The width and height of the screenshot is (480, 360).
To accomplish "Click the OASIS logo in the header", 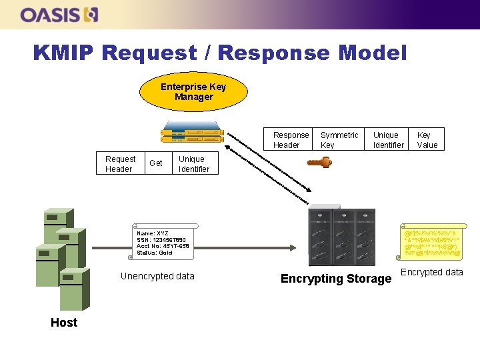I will (x=59, y=14).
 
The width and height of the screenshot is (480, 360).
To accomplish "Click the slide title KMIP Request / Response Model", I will (x=219, y=52).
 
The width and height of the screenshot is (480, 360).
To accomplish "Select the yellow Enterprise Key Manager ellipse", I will (x=193, y=92).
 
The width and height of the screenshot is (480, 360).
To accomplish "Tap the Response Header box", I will (x=291, y=140).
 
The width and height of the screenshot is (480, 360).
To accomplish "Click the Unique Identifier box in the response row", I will (x=388, y=140).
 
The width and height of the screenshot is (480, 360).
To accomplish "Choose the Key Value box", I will (x=427, y=140).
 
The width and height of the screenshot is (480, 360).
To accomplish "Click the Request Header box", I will (x=120, y=164).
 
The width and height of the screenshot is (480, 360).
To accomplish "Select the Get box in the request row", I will (x=156, y=163).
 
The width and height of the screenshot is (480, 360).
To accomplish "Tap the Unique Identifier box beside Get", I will (x=194, y=164).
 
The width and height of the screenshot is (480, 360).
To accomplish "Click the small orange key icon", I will (x=319, y=162).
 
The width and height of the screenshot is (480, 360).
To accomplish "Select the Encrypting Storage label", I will (x=336, y=279).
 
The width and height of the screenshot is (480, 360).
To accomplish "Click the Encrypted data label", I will (x=431, y=272).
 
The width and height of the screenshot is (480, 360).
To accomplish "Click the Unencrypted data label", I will (x=157, y=276).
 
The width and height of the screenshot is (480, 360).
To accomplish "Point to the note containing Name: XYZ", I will (x=163, y=242).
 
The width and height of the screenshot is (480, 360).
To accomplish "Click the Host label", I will (x=64, y=323).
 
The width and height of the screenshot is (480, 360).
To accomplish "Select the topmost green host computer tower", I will (x=58, y=224).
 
